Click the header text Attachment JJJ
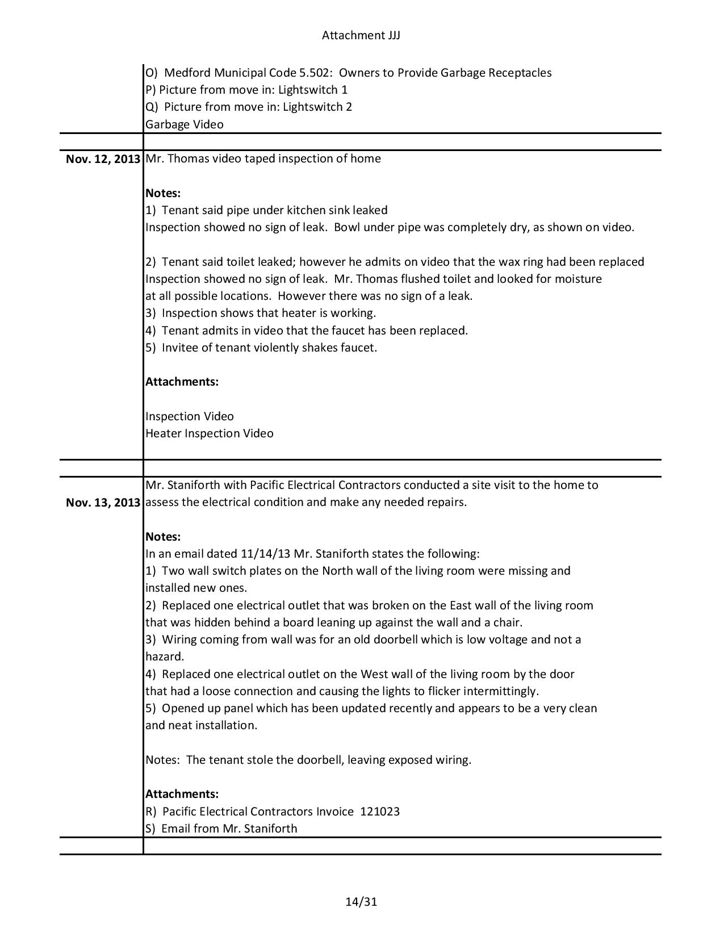[x=361, y=35]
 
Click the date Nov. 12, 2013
[x=103, y=159]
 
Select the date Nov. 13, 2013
[x=103, y=503]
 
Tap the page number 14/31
[x=361, y=902]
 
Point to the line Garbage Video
[x=185, y=124]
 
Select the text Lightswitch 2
[x=317, y=107]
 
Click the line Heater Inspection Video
[x=209, y=433]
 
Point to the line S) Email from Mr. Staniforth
[x=221, y=829]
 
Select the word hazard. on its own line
[x=165, y=657]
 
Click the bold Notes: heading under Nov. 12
[x=163, y=193]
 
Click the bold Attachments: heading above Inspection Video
[x=182, y=382]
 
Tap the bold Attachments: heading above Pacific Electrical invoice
[x=182, y=794]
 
